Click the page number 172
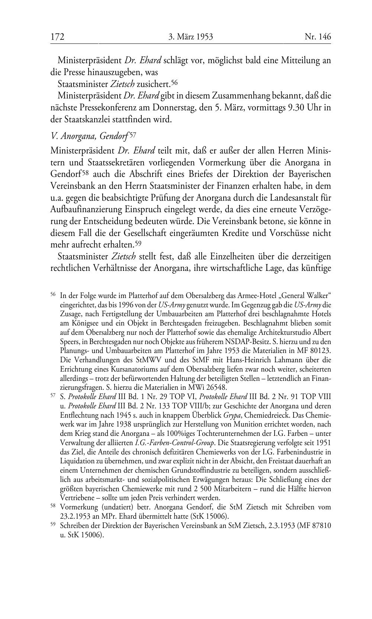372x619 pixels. (58, 37)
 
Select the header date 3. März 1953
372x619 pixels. (190, 37)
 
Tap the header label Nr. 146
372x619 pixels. (318, 37)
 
